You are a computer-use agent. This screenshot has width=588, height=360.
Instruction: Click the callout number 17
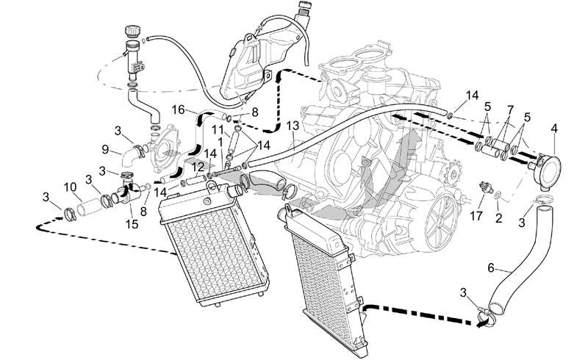coord(476,217)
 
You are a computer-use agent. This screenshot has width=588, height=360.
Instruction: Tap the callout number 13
coord(293,126)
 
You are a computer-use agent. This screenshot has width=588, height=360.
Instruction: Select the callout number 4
coord(554,129)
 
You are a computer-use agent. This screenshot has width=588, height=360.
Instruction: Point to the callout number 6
coord(491,268)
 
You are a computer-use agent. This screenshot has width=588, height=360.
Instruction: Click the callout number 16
coord(179,110)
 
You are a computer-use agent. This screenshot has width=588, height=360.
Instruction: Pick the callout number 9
coord(105,150)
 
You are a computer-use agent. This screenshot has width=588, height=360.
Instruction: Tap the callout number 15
coord(132,224)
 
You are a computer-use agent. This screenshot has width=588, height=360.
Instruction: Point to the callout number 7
coord(510,110)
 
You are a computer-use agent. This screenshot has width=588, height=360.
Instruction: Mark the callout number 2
coord(498,218)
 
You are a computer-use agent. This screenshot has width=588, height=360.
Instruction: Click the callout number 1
coord(220,142)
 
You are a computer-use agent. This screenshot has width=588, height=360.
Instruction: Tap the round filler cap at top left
coord(132,30)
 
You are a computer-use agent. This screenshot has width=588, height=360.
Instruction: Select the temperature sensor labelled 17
coord(486,187)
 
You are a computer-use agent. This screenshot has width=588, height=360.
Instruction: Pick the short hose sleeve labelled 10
coord(89,206)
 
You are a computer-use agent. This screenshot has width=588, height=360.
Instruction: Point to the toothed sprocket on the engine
coord(453,173)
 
